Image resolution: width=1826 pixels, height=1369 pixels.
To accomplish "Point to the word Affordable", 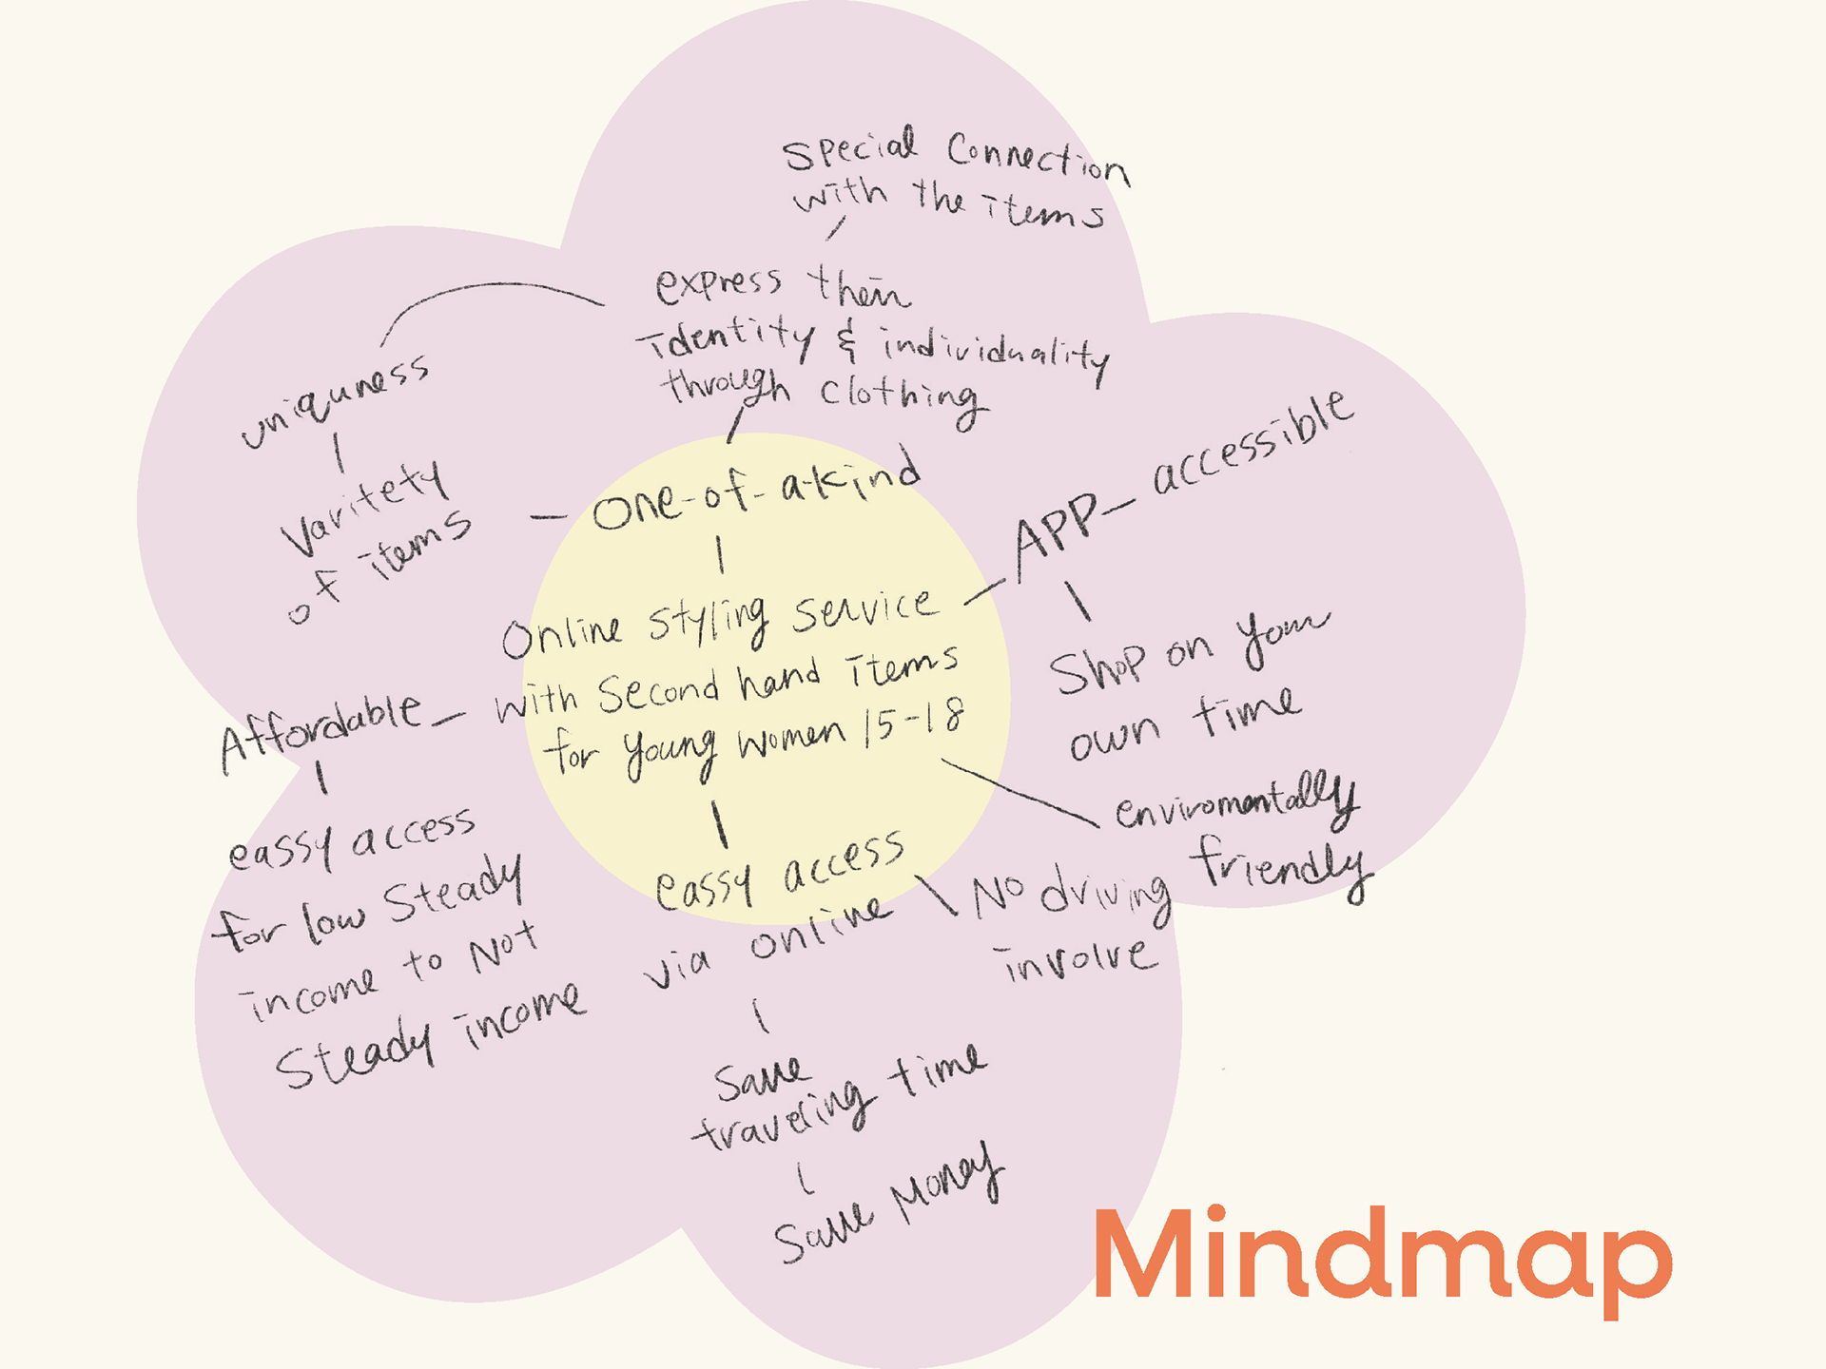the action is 321,731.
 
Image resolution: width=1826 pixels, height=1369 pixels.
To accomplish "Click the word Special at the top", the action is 849,149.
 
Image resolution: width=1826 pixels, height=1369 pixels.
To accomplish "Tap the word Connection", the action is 1038,162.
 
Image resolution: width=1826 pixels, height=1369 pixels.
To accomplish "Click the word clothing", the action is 900,400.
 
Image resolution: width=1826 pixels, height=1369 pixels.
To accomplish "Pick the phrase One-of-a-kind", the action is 756,493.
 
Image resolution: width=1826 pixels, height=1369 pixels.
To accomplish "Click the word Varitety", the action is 364,509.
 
